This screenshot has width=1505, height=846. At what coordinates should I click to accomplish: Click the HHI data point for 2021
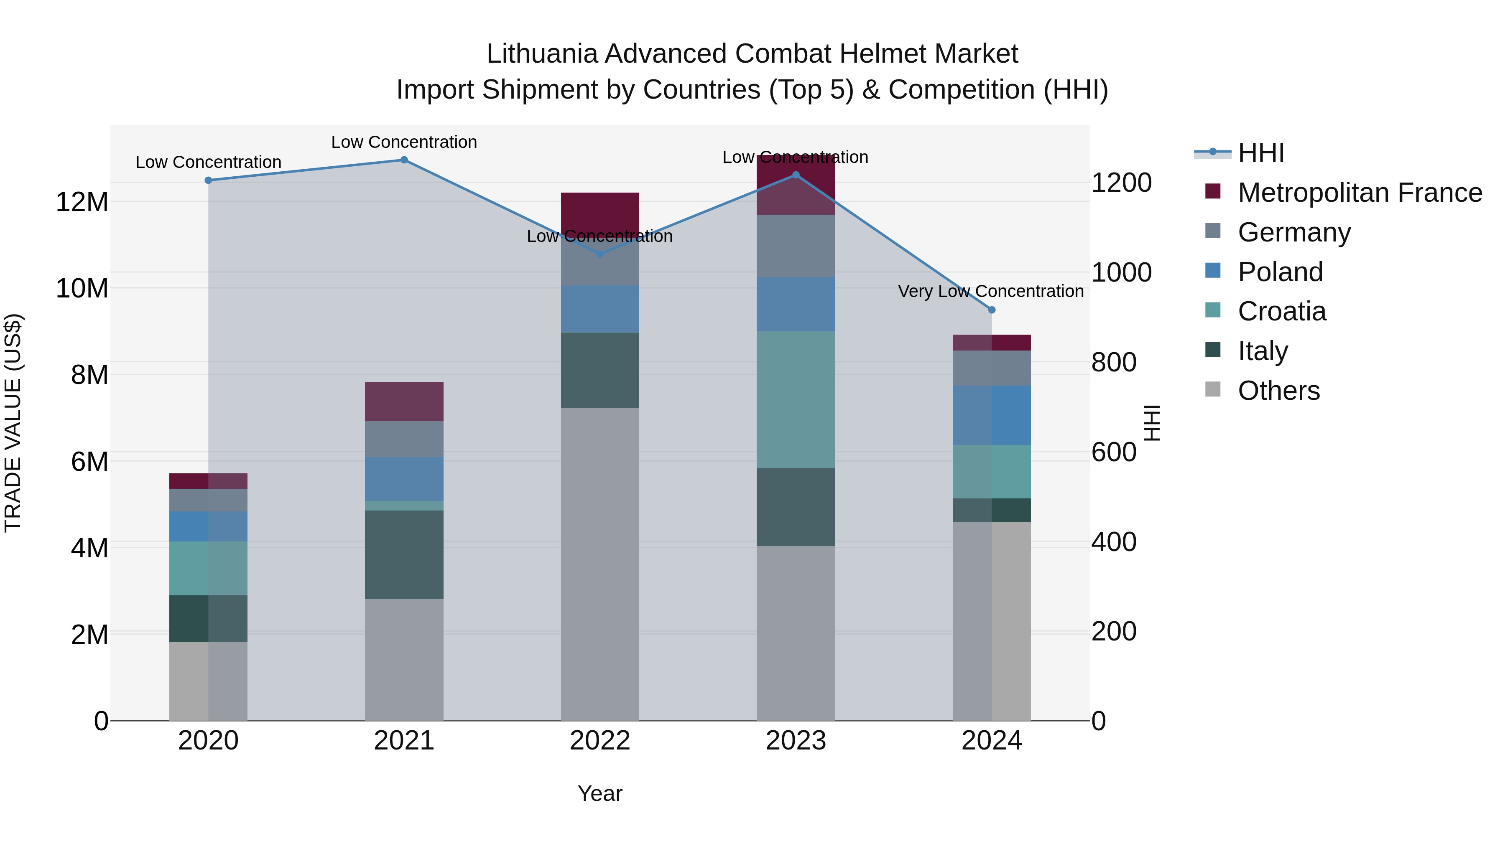pos(404,160)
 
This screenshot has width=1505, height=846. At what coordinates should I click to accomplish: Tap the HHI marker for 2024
pos(992,310)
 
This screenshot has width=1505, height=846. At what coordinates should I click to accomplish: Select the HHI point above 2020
pos(208,180)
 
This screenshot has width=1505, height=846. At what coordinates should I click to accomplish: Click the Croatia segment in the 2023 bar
pos(796,399)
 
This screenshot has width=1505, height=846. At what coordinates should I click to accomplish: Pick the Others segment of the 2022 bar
pos(600,564)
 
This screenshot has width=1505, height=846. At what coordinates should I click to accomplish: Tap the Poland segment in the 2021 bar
pos(404,479)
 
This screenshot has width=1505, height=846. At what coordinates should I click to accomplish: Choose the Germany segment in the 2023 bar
pos(796,246)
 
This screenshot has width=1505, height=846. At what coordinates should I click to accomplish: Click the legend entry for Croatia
pos(1282,312)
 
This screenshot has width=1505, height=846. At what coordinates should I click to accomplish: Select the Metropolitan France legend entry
pos(1360,193)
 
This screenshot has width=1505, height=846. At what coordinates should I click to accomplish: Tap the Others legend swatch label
pos(1278,391)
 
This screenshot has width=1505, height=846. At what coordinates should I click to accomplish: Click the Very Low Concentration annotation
pos(990,291)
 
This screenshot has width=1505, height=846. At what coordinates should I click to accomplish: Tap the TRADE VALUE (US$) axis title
pos(13,423)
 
